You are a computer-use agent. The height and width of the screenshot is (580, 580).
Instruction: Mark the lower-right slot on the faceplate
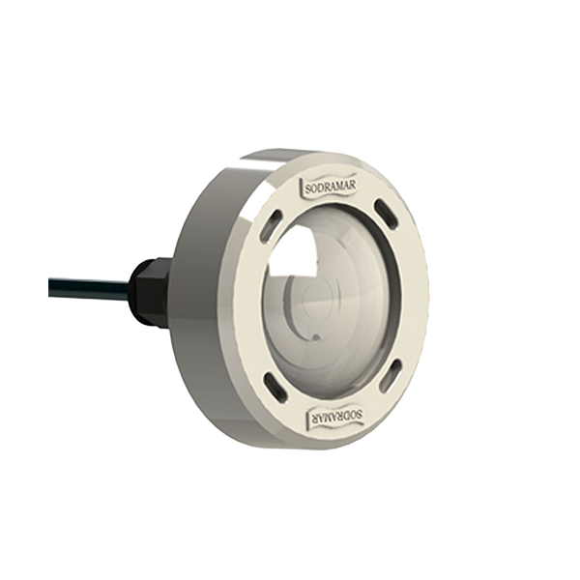coord(392,375)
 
